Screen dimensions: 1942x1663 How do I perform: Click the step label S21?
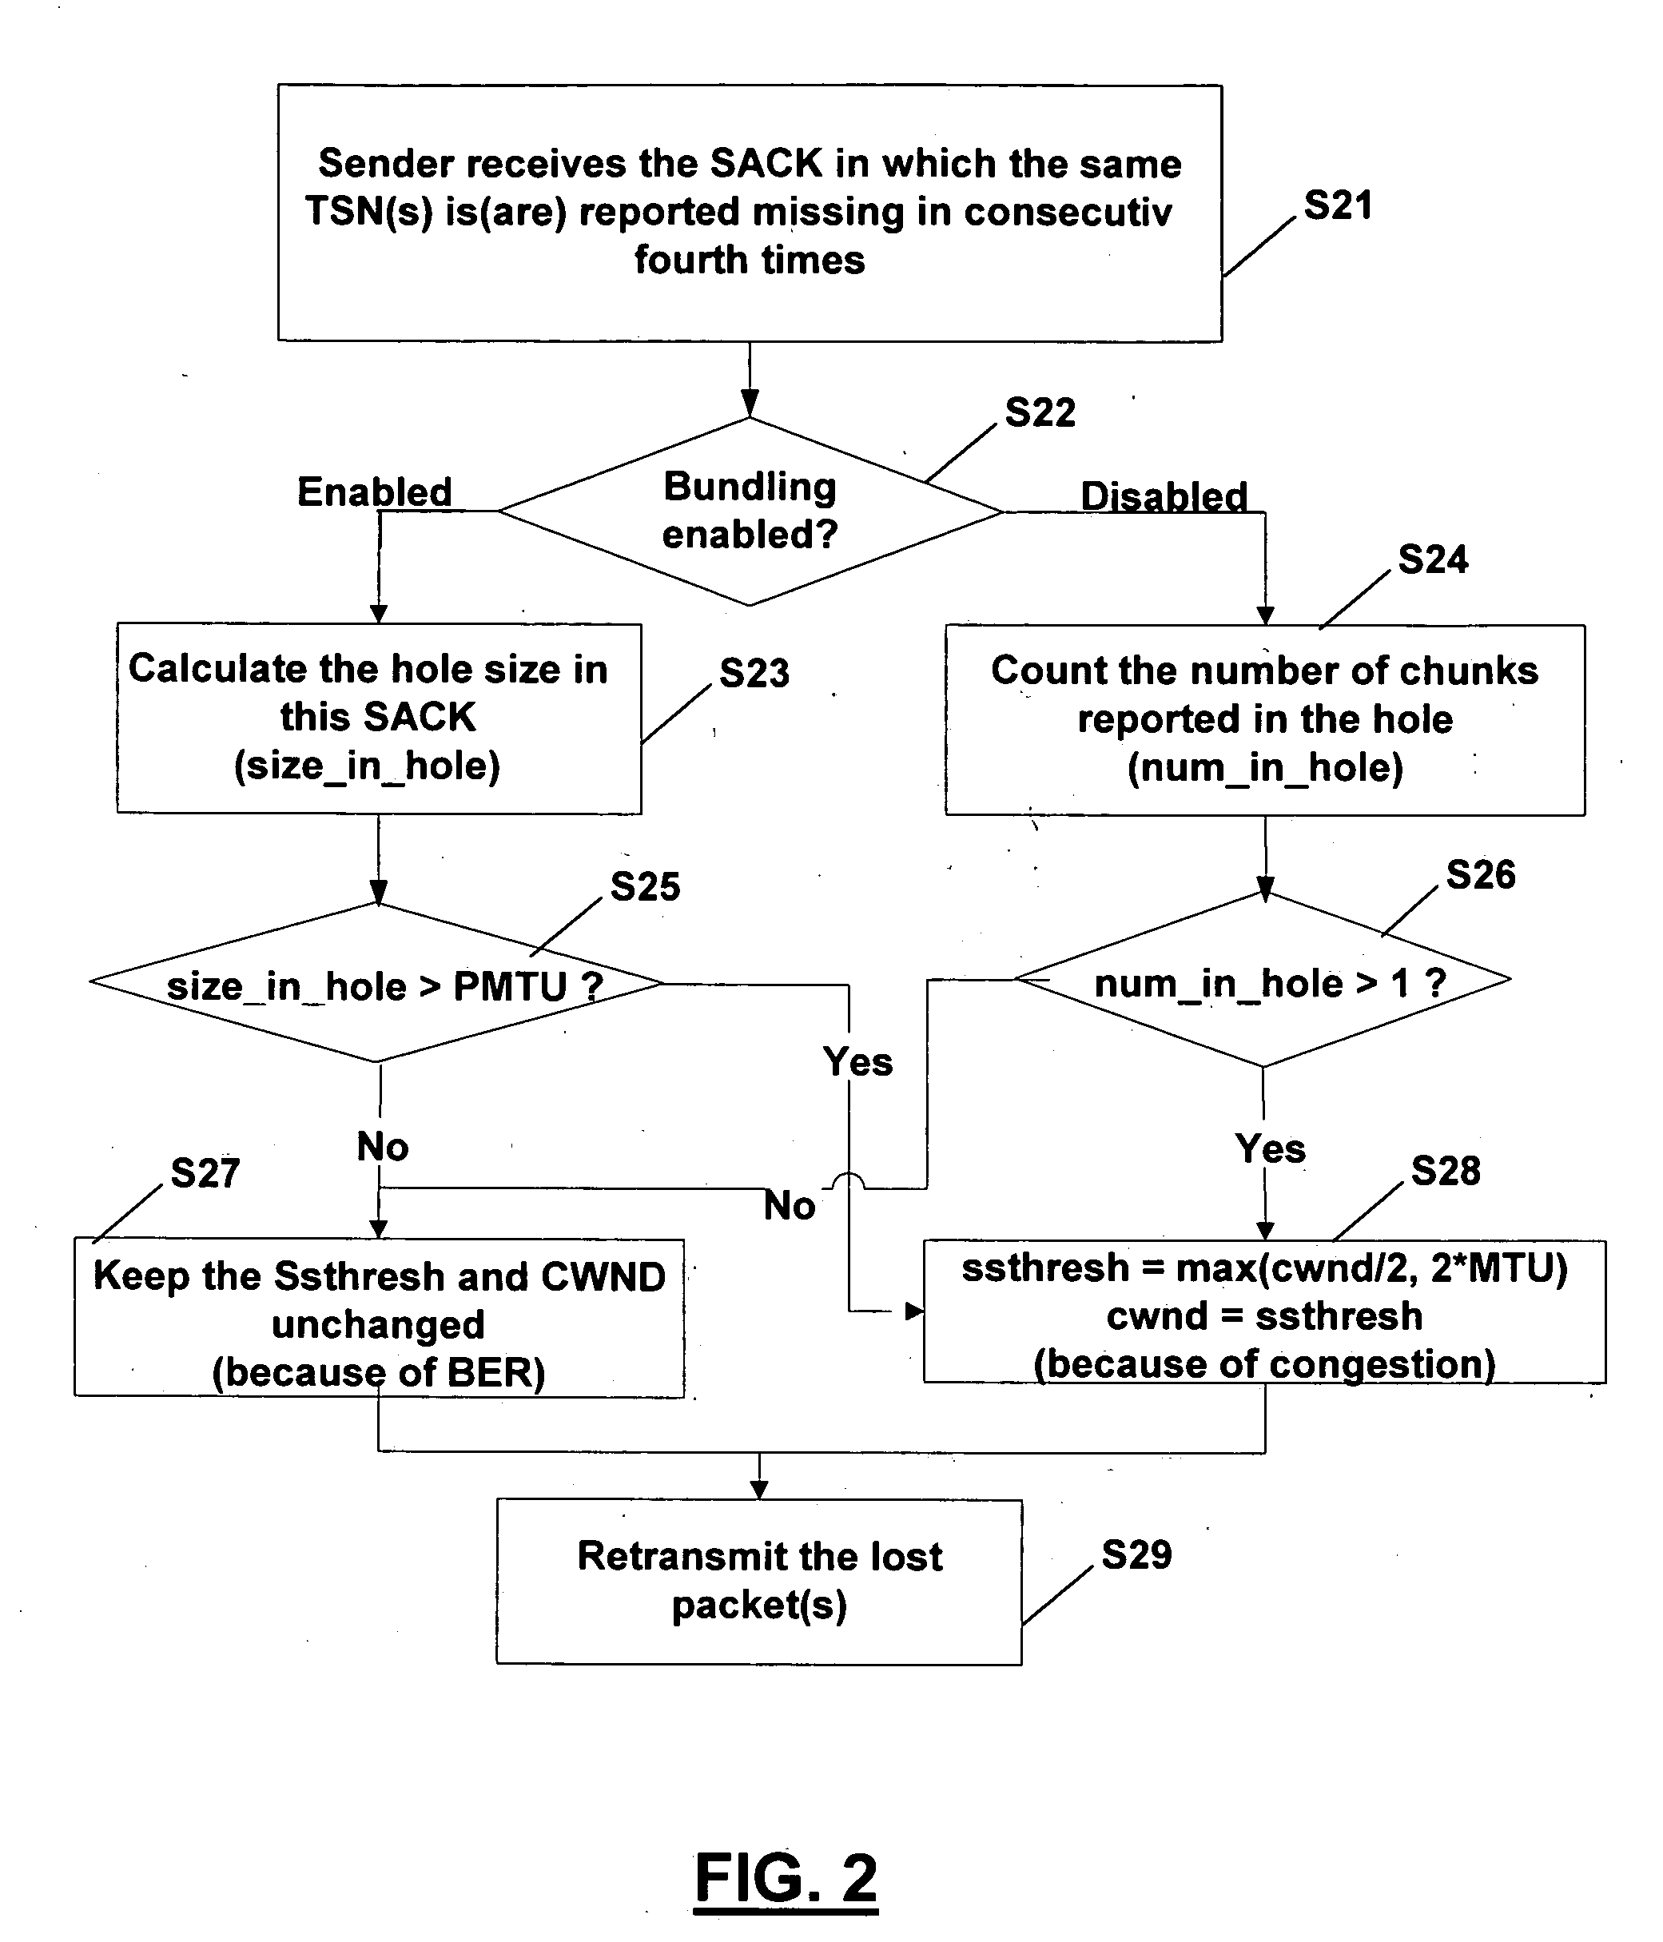tap(1338, 205)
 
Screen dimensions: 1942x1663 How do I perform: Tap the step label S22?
tap(1040, 412)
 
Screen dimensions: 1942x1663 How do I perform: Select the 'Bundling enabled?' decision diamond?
tap(750, 511)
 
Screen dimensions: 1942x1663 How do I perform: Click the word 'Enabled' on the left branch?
tap(374, 492)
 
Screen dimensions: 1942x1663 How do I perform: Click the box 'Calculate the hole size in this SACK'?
tap(379, 718)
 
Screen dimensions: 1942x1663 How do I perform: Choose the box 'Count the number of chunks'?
tap(1263, 720)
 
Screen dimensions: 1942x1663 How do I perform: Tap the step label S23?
tap(754, 673)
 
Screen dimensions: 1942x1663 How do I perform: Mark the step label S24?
tap(1432, 559)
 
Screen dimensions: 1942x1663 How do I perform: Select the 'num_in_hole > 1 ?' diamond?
tap(1263, 981)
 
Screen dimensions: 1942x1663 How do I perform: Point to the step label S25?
tap(645, 886)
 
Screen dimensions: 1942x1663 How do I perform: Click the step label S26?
tap(1480, 874)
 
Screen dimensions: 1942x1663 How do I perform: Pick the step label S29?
tap(1136, 1555)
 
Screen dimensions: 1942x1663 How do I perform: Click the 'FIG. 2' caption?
tap(786, 1878)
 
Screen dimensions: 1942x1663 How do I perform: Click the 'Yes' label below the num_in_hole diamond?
tap(1270, 1148)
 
